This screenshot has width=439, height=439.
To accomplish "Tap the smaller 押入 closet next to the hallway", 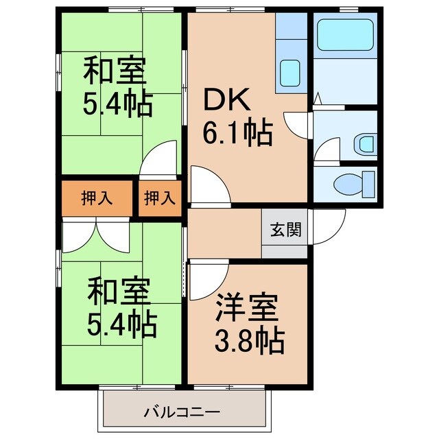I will [160, 198].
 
